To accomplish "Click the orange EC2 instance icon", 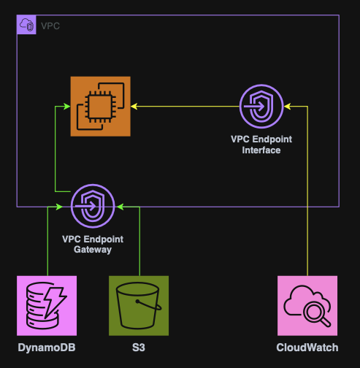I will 100,107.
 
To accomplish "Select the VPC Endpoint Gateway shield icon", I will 93,207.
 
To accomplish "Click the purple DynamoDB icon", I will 47,305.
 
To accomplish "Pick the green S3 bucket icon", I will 139,305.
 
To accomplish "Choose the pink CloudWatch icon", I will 307,305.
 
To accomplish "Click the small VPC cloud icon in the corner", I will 26,25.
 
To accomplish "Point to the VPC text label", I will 50,26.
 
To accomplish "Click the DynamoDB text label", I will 47,348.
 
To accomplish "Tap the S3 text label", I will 139,348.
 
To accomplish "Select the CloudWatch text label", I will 307,348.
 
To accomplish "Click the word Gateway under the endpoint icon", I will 93,250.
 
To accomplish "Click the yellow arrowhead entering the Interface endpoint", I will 286,107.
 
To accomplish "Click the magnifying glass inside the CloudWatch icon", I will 315,313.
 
